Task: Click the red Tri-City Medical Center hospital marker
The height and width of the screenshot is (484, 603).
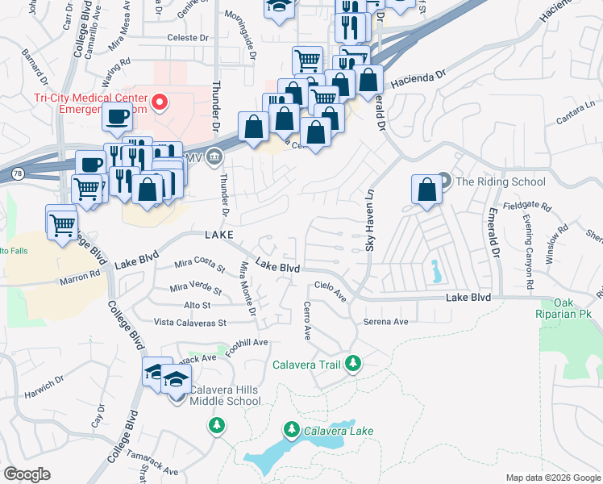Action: tap(160, 102)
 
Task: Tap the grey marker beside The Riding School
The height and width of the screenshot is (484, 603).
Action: tap(444, 181)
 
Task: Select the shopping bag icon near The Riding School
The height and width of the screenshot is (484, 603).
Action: tap(426, 190)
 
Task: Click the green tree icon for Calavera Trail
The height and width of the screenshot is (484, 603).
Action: tap(352, 365)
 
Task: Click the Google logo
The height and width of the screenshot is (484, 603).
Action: tap(27, 474)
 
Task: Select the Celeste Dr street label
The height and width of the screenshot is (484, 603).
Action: tap(187, 37)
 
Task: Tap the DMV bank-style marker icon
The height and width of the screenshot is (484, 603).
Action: tap(214, 156)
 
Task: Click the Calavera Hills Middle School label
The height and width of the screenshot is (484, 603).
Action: tap(225, 395)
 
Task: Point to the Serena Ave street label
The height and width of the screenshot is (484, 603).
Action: tap(385, 321)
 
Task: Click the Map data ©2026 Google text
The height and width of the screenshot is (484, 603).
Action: tap(552, 477)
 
